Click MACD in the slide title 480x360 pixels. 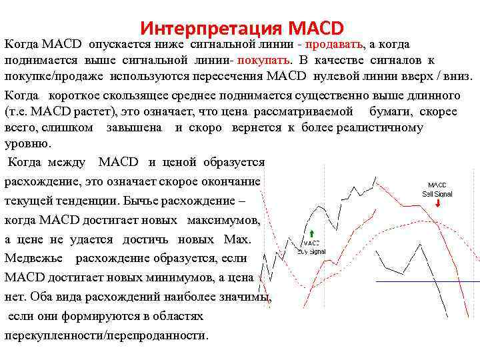point(317,29)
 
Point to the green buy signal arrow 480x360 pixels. point(312,233)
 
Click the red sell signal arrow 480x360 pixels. point(437,205)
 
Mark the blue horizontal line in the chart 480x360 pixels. point(427,282)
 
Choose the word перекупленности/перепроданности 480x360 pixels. point(107,335)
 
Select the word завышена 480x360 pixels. point(137,127)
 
